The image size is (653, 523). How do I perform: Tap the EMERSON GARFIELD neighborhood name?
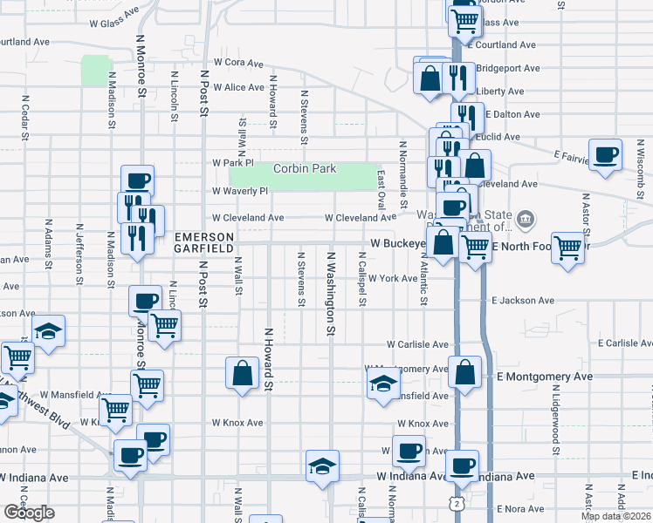click(x=204, y=242)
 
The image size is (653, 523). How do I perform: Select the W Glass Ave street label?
click(x=113, y=23)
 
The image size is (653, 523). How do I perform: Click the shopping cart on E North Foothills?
click(x=567, y=248)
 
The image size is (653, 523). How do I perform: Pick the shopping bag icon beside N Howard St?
click(x=241, y=373)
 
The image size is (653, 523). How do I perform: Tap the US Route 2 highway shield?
click(x=456, y=503)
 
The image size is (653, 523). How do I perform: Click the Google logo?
click(x=29, y=513)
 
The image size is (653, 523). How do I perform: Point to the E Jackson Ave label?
click(x=523, y=301)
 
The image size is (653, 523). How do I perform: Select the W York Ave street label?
click(x=393, y=279)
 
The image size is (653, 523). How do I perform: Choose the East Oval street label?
click(x=381, y=189)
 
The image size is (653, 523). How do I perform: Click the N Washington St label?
click(x=331, y=294)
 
